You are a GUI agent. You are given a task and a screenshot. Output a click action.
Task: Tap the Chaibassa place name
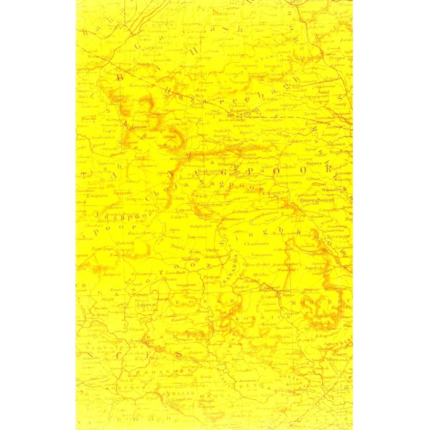pyautogui.click(x=257, y=243)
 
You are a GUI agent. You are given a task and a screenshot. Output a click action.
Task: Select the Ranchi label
pyautogui.click(x=88, y=118)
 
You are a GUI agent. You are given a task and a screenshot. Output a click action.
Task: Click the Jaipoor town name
pyautogui.click(x=146, y=304)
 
